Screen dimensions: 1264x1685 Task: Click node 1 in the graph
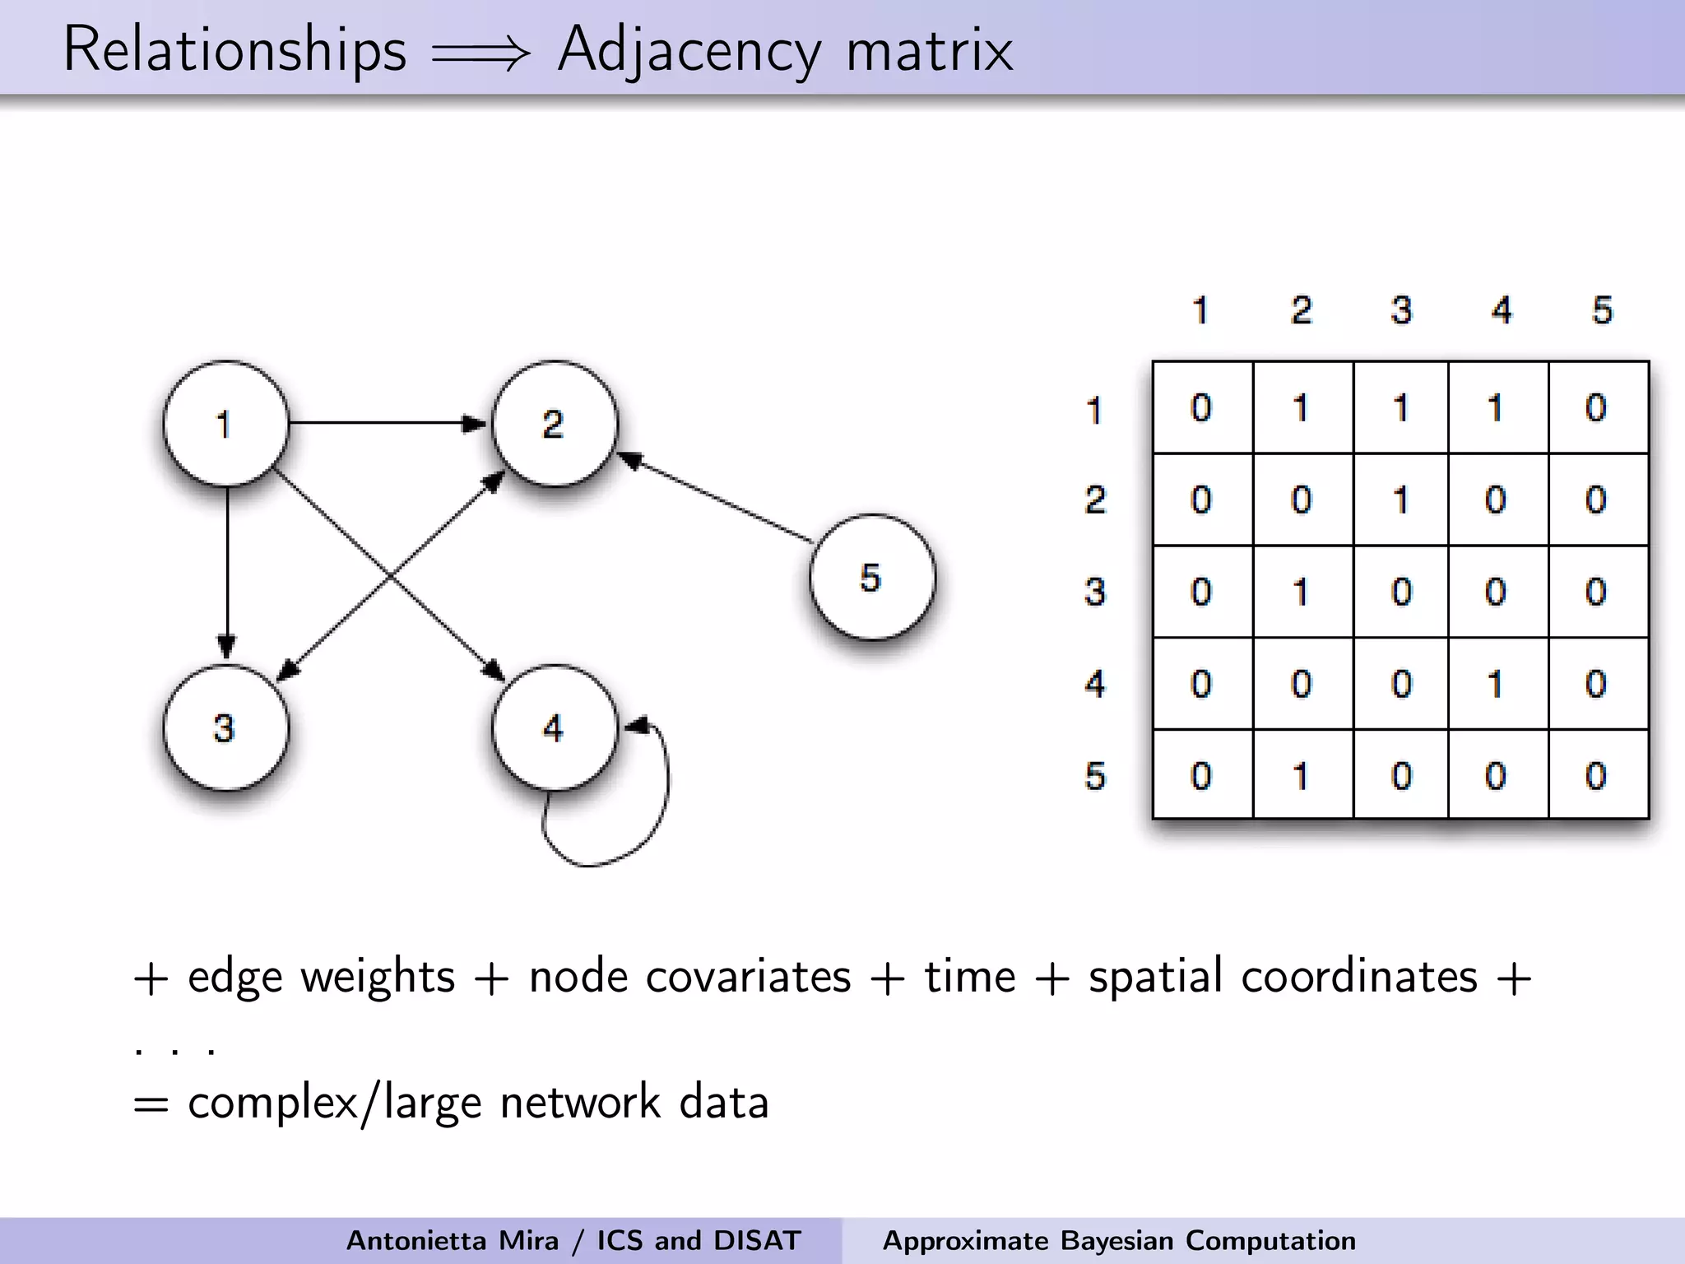(225, 424)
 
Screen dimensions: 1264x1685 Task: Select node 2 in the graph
(554, 424)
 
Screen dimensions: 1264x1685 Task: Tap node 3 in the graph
(225, 727)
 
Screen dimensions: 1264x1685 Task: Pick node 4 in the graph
(554, 727)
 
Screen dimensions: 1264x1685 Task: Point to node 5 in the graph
(871, 577)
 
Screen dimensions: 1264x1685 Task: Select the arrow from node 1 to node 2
(387, 423)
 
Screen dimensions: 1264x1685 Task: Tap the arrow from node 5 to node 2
(716, 500)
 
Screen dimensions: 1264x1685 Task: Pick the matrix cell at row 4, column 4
(1496, 684)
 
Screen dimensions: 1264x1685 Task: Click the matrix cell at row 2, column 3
(1400, 500)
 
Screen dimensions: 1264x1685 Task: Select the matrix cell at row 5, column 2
(1301, 776)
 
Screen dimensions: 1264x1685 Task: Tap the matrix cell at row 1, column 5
(1596, 408)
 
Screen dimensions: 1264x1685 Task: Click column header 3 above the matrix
(1401, 310)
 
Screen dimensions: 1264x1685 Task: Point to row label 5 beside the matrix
(1095, 776)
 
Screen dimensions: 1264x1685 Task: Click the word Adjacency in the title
(689, 51)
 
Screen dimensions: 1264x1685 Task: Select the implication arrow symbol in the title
(481, 54)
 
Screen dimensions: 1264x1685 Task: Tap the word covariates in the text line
(748, 977)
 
